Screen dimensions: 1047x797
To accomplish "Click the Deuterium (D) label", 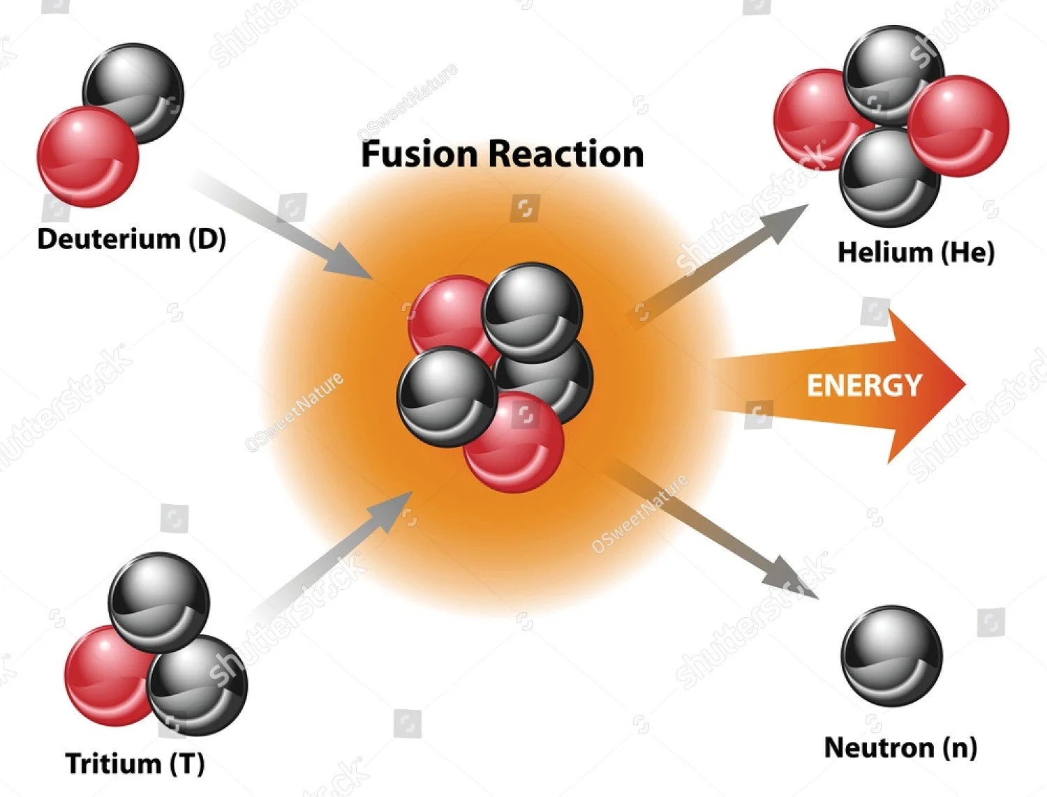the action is pos(131,239).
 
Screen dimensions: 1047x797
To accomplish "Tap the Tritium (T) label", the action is pos(135,763).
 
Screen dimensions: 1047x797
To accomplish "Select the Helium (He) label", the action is pos(915,252).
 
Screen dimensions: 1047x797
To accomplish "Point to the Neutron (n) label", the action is pos(900,747).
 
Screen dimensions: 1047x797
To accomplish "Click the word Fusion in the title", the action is pos(420,154).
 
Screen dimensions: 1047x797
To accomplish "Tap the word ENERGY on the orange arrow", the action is pos(864,386).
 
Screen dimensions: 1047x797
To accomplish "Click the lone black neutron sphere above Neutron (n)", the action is pos(891,655).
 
